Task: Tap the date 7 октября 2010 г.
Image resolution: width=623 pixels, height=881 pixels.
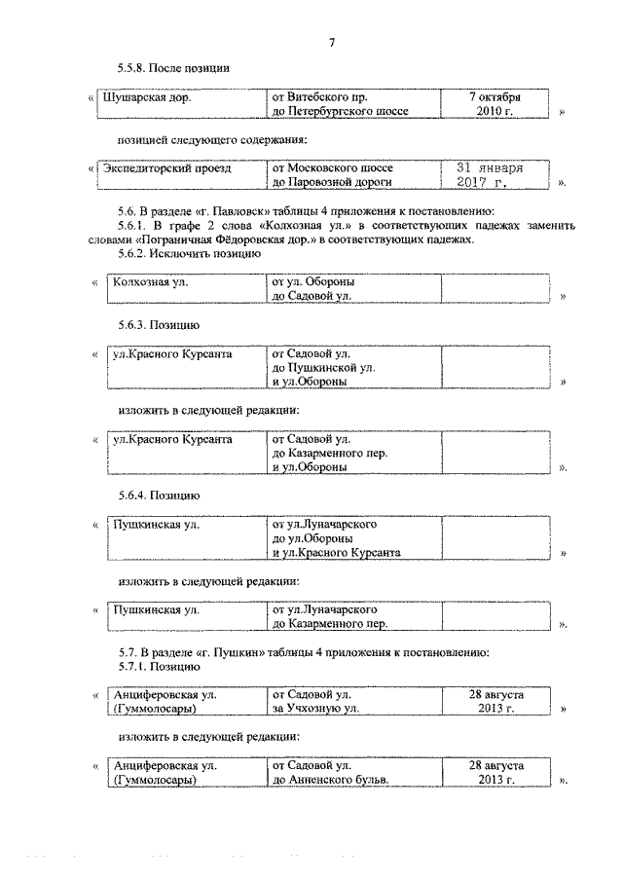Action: (495, 104)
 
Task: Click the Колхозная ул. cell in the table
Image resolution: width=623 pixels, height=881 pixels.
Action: (149, 282)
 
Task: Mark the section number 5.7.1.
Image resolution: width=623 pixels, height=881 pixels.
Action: (134, 667)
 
